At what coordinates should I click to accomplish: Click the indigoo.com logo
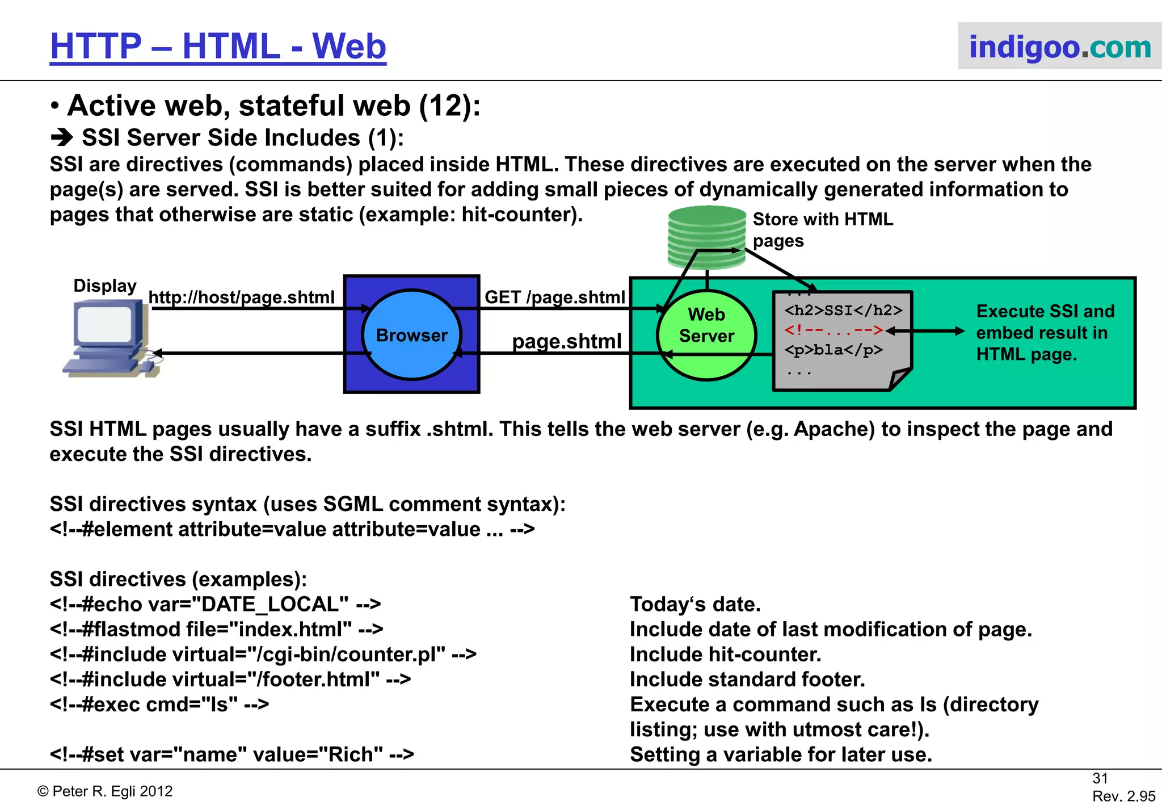1059,47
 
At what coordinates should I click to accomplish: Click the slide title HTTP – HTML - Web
218,46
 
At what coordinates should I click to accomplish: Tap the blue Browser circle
412,335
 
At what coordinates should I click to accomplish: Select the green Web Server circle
706,335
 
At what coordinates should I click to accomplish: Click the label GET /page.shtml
554,297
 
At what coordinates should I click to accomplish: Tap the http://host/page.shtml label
241,297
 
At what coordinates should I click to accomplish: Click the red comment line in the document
833,330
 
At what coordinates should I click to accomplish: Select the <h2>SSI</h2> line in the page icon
843,310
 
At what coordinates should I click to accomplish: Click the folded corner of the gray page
899,379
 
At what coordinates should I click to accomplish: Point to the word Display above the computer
105,286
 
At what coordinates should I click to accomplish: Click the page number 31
1100,778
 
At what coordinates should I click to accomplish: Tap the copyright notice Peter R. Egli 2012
105,791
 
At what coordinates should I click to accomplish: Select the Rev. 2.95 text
1123,796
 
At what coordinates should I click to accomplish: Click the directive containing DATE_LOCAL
215,604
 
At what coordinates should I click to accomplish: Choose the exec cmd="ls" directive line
159,705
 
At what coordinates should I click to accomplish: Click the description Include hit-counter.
725,655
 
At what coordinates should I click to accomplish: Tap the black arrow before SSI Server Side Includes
61,138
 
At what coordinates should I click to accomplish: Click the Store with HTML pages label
822,229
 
